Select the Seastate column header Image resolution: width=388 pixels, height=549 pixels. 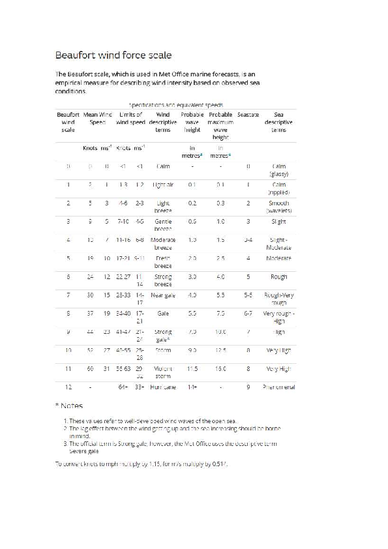pyautogui.click(x=248, y=114)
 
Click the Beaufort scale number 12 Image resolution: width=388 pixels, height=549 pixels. pyautogui.click(x=68, y=387)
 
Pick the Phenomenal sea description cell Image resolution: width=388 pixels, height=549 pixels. pyautogui.click(x=278, y=387)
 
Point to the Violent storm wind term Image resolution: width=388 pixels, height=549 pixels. pyautogui.click(x=163, y=372)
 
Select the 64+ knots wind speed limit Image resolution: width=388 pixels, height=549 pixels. pyautogui.click(x=123, y=387)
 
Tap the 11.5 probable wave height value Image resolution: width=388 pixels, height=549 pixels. pyautogui.click(x=192, y=368)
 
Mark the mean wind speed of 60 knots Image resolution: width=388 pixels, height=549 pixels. pyautogui.click(x=90, y=368)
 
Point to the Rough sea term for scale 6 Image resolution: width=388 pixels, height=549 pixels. pyautogui.click(x=278, y=276)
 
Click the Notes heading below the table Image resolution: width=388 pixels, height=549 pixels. pyautogui.click(x=71, y=406)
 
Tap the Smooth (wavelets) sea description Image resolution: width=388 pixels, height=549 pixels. pyautogui.click(x=278, y=207)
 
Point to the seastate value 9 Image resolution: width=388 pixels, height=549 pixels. pyautogui.click(x=248, y=387)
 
